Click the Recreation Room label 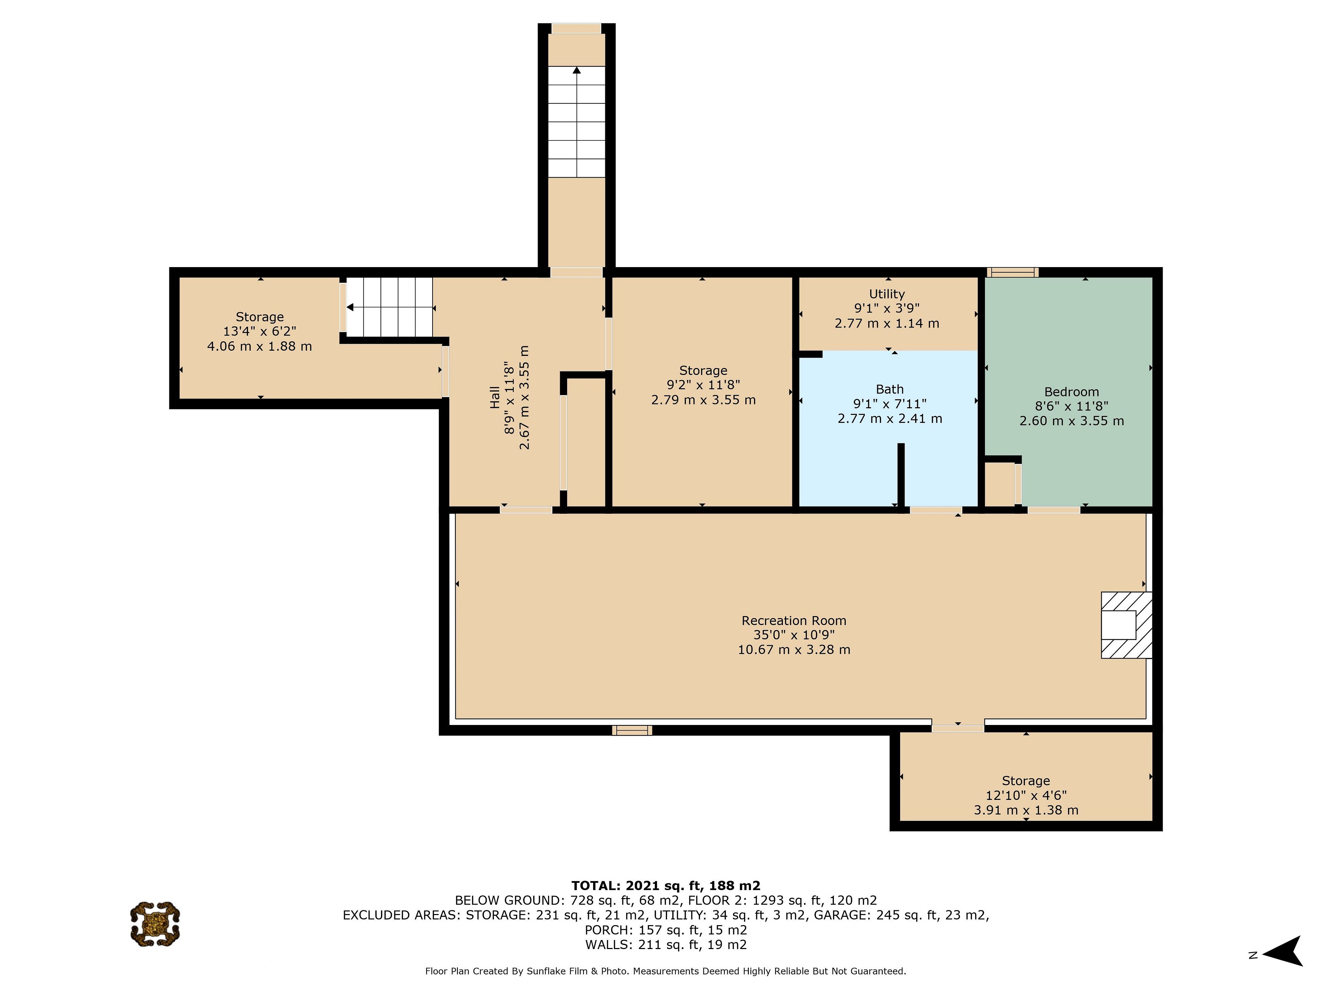(794, 620)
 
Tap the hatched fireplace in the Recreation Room (1126, 625)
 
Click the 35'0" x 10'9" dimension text (794, 635)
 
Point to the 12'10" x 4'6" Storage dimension (1025, 795)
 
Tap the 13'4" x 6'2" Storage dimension (259, 331)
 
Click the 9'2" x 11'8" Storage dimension (703, 385)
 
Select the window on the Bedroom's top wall (1012, 272)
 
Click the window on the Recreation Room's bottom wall (632, 731)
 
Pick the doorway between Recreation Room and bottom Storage (957, 726)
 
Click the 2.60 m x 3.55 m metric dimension (1071, 421)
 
